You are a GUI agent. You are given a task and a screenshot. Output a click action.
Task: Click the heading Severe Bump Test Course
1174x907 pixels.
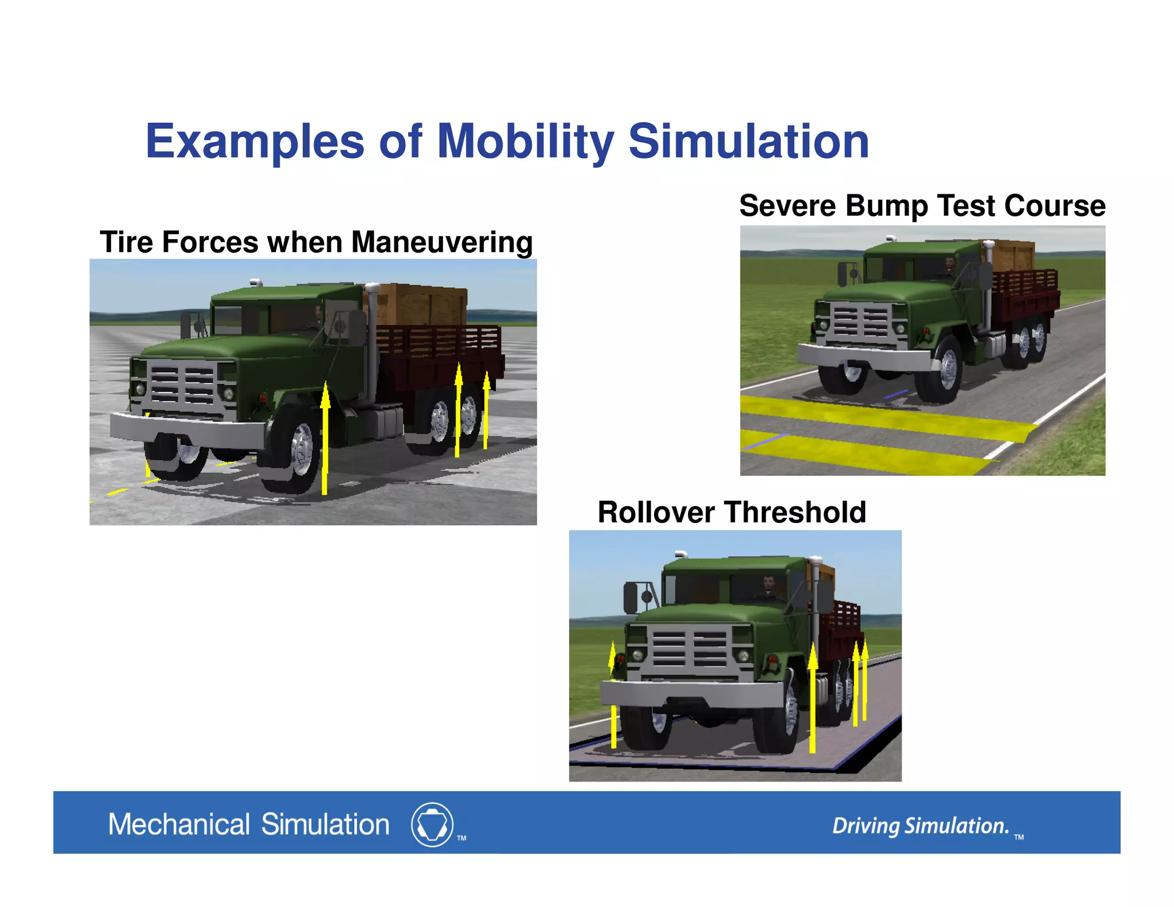922,205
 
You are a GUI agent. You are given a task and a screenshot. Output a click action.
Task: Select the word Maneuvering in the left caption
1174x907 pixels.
441,242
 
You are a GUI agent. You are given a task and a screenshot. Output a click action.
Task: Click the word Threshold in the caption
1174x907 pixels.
795,511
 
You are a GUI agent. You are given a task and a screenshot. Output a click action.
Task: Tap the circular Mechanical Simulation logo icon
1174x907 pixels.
432,824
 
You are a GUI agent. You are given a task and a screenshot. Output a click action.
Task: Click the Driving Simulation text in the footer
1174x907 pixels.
920,826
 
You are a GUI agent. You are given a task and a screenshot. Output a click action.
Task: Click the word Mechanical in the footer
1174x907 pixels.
179,824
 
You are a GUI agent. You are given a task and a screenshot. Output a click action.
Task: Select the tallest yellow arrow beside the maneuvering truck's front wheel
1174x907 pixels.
325,439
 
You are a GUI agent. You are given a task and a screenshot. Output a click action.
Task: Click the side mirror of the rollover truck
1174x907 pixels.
631,597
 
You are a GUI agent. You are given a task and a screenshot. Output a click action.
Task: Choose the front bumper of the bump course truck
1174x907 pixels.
863,356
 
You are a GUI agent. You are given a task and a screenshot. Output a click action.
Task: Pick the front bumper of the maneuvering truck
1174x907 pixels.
186,430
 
